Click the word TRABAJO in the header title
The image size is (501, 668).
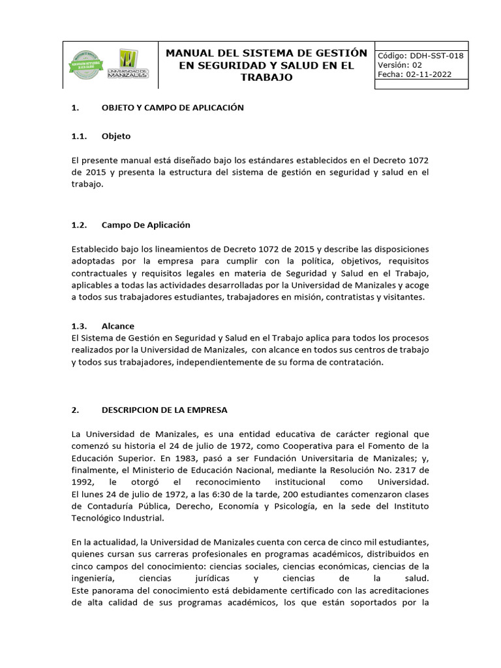click(x=266, y=78)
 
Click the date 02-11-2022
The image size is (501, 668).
click(x=433, y=75)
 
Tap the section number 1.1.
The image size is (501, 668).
click(x=79, y=136)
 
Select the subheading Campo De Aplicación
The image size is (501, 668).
click(x=146, y=224)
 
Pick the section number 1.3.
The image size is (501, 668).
click(x=79, y=326)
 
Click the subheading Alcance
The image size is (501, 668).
click(x=117, y=326)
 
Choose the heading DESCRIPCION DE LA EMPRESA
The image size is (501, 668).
click(x=165, y=410)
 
